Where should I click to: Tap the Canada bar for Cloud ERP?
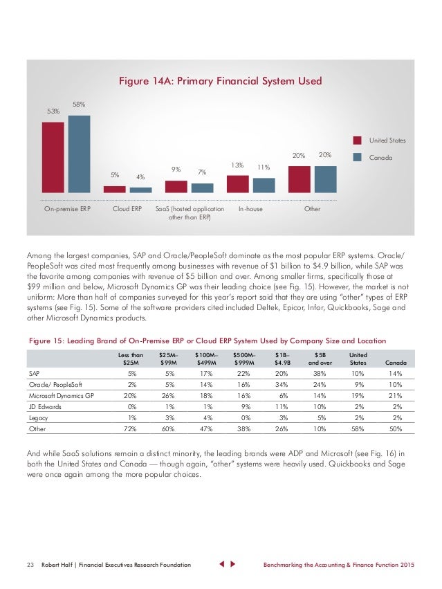140,190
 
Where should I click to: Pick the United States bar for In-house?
237,183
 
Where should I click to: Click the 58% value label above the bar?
79,105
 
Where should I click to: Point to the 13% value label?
237,165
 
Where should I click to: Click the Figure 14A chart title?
221,81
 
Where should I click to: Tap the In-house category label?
250,208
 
